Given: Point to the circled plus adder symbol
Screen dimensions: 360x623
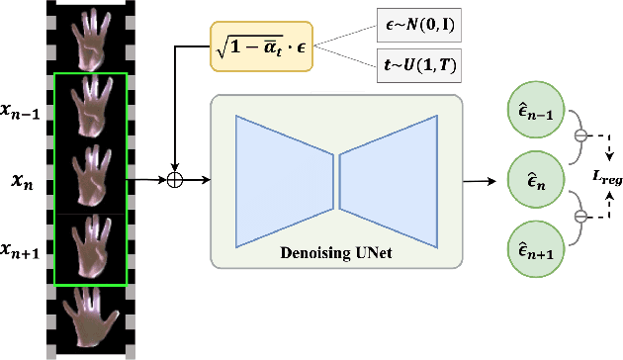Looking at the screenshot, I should (175, 181).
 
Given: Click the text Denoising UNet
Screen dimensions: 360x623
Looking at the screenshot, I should (337, 252).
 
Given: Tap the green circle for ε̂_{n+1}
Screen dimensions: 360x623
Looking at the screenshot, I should (533, 247).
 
